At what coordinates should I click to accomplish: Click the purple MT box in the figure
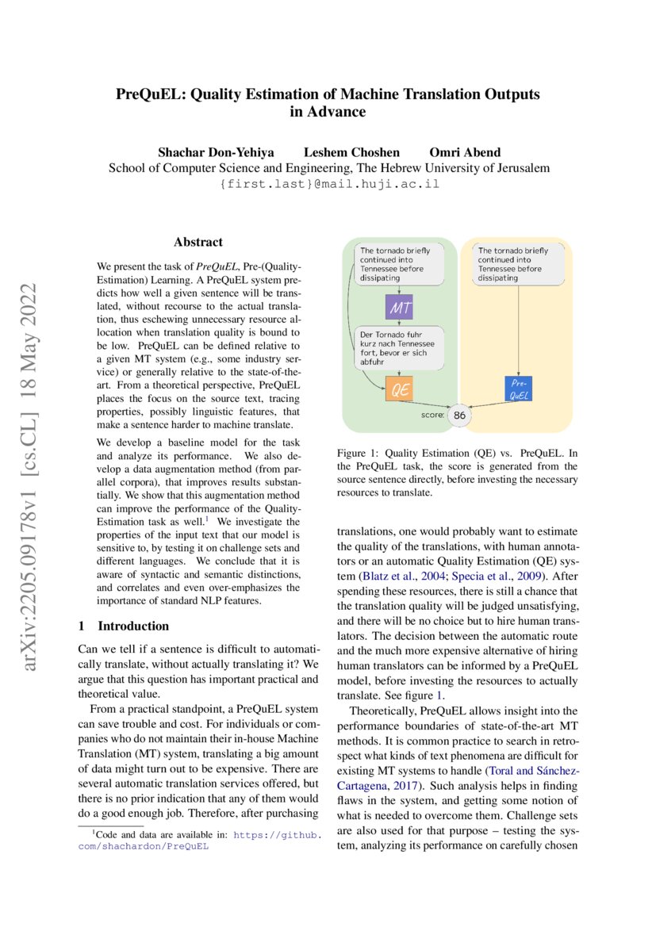click(x=399, y=307)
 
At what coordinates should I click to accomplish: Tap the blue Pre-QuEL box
click(x=519, y=388)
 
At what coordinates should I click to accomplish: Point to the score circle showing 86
click(x=459, y=414)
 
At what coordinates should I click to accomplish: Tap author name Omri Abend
click(x=465, y=152)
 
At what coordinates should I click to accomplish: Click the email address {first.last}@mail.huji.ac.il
click(x=328, y=184)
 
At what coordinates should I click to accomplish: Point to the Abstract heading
click(x=198, y=242)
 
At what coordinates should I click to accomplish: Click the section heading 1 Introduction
click(x=124, y=626)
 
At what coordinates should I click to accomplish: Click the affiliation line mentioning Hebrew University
click(x=328, y=168)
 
